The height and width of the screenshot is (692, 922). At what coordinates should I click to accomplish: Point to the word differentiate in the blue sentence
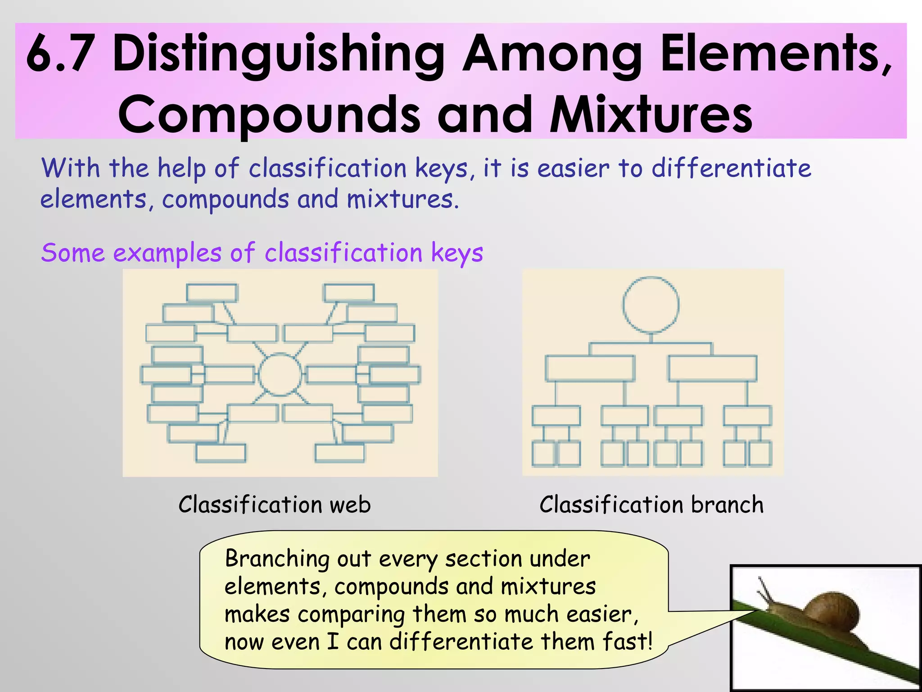coord(731,168)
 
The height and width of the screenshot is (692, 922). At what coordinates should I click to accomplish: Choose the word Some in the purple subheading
coord(72,252)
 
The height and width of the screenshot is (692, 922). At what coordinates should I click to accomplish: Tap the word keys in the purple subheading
coord(457,253)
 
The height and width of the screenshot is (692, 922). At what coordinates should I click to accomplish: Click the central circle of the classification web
coord(280,374)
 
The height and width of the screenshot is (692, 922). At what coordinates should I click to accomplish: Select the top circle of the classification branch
coord(651,305)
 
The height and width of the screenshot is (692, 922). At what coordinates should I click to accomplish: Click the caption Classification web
coord(275,504)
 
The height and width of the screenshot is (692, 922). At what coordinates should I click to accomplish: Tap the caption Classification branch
coord(651,504)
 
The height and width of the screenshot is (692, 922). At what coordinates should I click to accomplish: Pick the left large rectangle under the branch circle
coord(590,369)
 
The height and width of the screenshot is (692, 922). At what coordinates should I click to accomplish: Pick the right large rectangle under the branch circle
coord(713,369)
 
